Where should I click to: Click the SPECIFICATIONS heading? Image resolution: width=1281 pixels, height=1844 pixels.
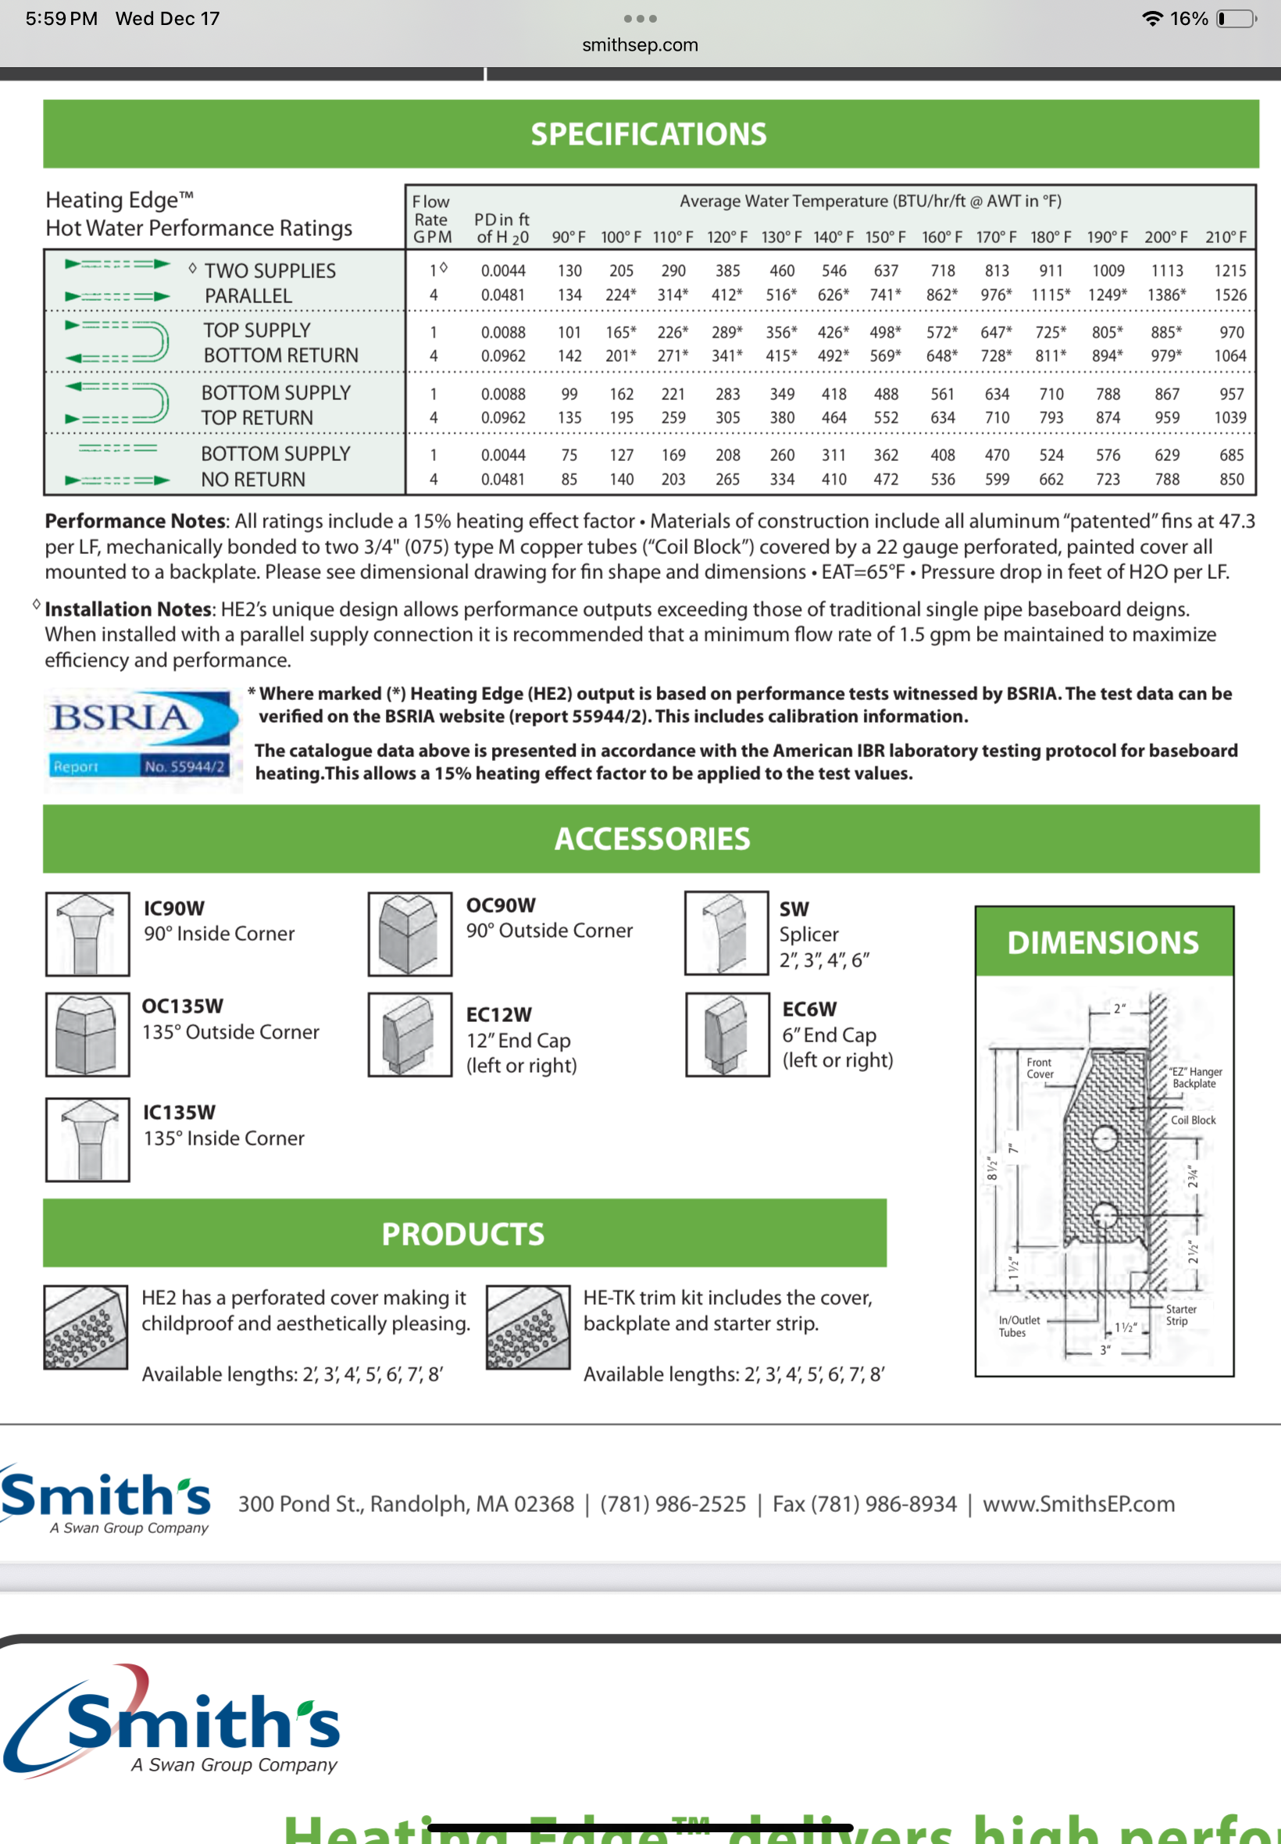pyautogui.click(x=648, y=134)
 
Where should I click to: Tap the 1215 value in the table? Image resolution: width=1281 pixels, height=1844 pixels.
pyautogui.click(x=1229, y=270)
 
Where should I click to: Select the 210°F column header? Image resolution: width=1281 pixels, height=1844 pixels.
pyautogui.click(x=1226, y=238)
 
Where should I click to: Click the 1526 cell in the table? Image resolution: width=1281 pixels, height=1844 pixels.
pyautogui.click(x=1229, y=295)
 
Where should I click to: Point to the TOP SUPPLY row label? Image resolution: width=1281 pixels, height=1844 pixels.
pyautogui.click(x=257, y=330)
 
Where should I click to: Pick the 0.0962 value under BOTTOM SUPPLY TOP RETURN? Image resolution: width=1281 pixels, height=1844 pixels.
pyautogui.click(x=503, y=417)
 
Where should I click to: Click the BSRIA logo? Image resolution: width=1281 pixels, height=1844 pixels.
pyautogui.click(x=141, y=735)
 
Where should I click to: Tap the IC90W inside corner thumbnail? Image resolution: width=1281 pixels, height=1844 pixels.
pyautogui.click(x=87, y=934)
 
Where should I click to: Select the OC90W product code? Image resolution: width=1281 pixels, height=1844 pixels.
pyautogui.click(x=501, y=905)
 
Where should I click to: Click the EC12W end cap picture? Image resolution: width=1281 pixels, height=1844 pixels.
pyautogui.click(x=410, y=1034)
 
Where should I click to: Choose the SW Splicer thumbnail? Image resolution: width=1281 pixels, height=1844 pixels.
pyautogui.click(x=726, y=934)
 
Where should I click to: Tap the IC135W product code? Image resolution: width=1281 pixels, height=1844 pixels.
pyautogui.click(x=179, y=1112)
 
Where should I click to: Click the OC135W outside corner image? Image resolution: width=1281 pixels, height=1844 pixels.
pyautogui.click(x=87, y=1034)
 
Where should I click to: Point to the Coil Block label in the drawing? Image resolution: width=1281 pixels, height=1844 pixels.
pyautogui.click(x=1193, y=1120)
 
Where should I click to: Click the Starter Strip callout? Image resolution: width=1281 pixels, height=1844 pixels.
pyautogui.click(x=1181, y=1314)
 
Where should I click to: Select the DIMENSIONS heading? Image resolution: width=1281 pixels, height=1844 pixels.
pyautogui.click(x=1103, y=942)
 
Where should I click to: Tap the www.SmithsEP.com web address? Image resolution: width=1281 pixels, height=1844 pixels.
pyautogui.click(x=1078, y=1503)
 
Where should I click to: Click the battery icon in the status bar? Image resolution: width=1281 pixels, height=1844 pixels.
pyautogui.click(x=1236, y=19)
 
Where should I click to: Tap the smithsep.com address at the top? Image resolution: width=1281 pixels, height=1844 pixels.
pyautogui.click(x=640, y=45)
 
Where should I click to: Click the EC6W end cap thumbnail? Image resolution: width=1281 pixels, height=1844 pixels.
pyautogui.click(x=727, y=1034)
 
